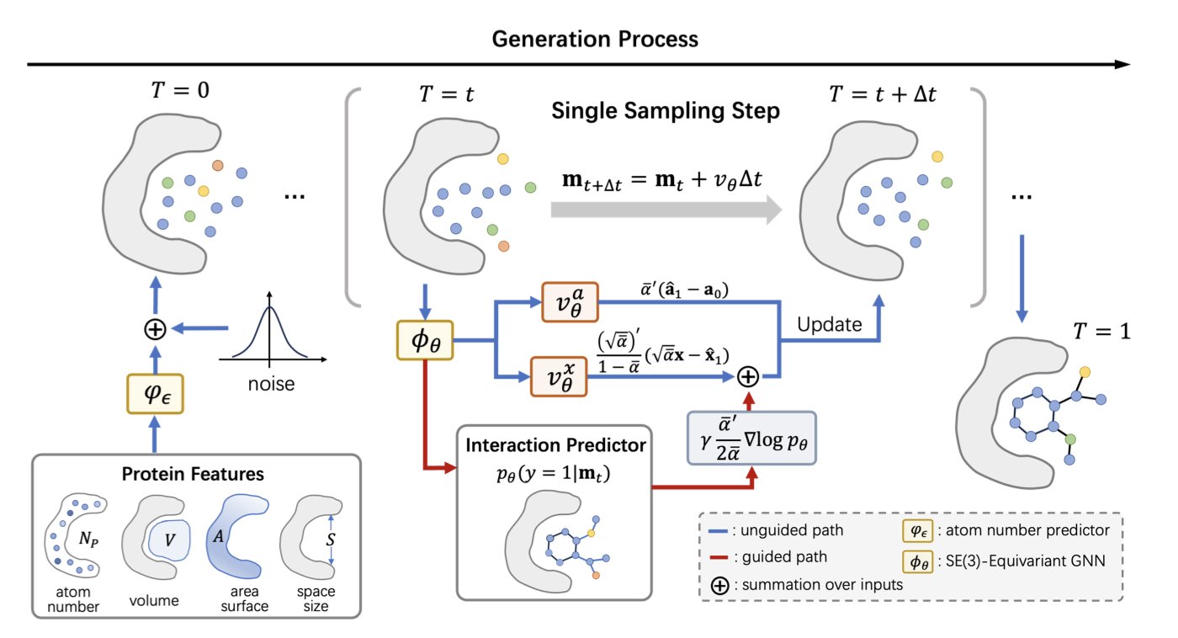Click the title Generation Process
coord(595,39)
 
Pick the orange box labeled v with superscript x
coord(560,376)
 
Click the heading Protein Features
coord(193,475)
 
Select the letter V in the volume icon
coord(170,538)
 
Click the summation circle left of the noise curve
coord(154,330)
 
